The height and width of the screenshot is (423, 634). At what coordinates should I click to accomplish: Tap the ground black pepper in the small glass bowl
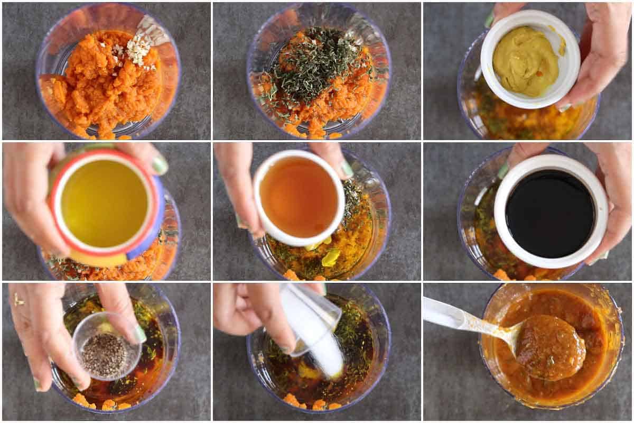pyautogui.click(x=105, y=354)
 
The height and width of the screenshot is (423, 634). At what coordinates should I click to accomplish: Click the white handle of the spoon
pyautogui.click(x=449, y=315)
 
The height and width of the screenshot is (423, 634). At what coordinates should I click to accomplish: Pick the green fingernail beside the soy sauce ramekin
pyautogui.click(x=503, y=170)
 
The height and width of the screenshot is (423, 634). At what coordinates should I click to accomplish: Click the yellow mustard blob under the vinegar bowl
pyautogui.click(x=331, y=258)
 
